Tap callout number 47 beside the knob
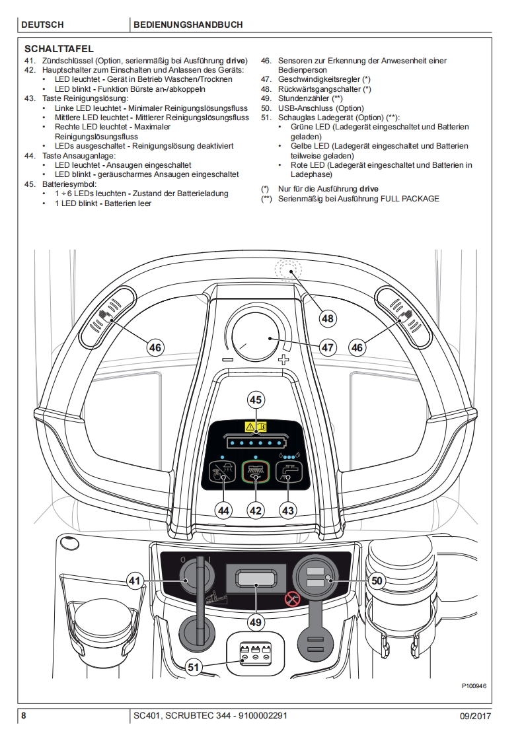click(x=328, y=346)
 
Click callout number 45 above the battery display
click(x=256, y=400)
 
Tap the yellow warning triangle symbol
click(x=250, y=426)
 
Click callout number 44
click(x=224, y=510)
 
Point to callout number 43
click(x=288, y=510)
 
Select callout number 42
click(x=256, y=510)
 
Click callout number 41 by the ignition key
click(x=135, y=581)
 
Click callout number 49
click(x=256, y=621)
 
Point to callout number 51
click(x=193, y=667)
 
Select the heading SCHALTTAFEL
click(x=59, y=49)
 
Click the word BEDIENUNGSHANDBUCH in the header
click(x=188, y=24)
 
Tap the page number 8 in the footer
click(x=24, y=716)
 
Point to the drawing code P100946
click(x=474, y=686)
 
